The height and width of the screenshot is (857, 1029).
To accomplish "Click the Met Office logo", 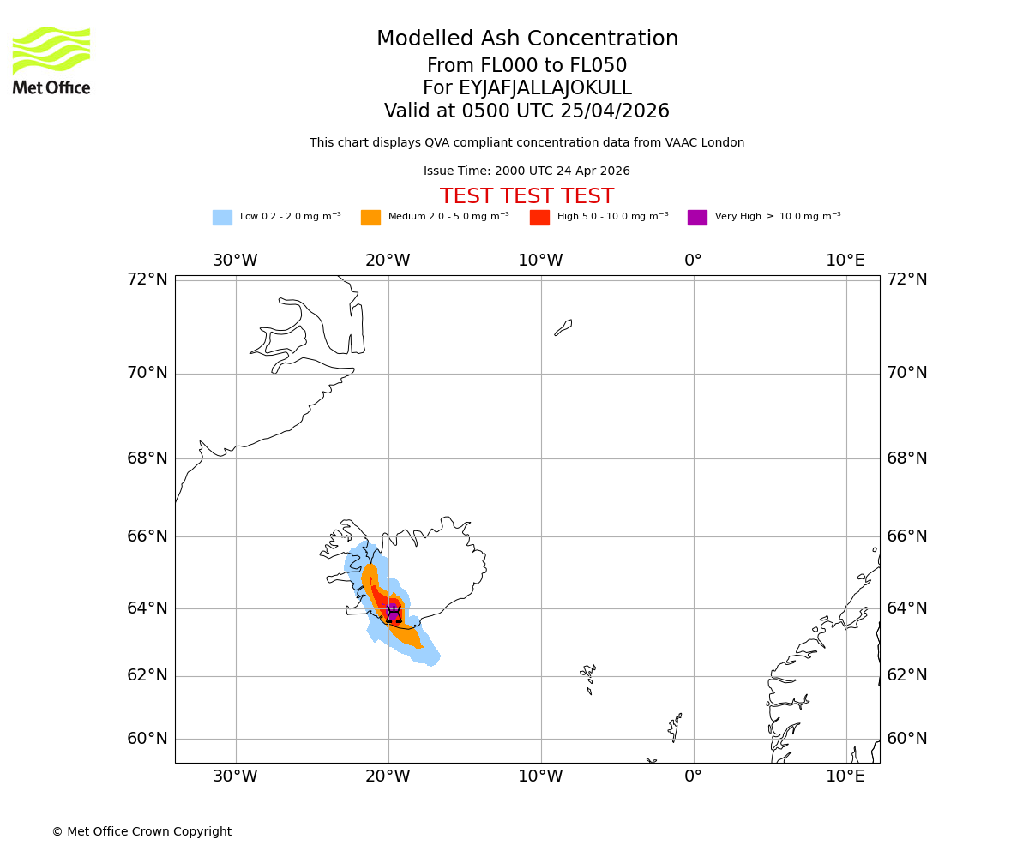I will coord(51,60).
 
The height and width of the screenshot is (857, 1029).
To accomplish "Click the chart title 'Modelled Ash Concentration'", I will coord(527,39).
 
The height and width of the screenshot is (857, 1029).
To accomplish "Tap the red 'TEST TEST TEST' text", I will coord(527,196).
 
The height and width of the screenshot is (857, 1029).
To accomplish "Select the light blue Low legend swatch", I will coord(222,218).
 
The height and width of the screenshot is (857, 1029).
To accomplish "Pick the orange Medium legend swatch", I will coord(370,218).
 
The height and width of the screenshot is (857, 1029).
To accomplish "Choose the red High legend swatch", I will coord(539,218).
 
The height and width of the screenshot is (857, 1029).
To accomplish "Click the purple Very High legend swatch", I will coord(697,218).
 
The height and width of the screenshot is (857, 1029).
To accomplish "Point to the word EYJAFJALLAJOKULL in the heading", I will coord(545,88).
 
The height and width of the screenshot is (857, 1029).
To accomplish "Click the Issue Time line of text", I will coord(527,171).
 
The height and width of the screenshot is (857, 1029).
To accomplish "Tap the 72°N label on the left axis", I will coord(147,279).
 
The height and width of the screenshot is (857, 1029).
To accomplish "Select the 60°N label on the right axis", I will coord(906,739).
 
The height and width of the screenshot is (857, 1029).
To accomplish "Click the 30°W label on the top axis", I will coord(235,261).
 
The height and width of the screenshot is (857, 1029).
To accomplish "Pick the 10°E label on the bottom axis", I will coord(845,777).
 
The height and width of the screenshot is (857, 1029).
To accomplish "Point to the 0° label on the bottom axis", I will coord(693,777).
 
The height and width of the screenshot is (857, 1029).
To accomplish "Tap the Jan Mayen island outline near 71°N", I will coord(563,327).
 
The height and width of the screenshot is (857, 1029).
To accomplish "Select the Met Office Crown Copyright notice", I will coord(141,832).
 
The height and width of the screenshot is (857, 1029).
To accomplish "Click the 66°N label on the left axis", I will coord(147,536).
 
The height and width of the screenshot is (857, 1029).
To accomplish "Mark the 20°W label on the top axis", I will coord(388,261).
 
